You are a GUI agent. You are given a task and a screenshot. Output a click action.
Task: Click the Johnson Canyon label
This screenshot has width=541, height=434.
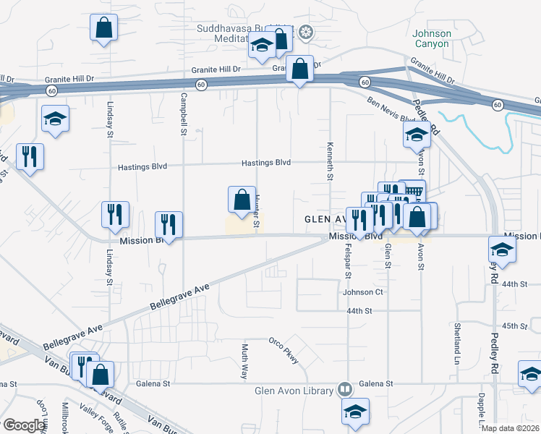tap(431, 38)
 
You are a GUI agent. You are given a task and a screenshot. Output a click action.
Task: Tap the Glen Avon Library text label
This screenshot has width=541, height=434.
tap(294, 391)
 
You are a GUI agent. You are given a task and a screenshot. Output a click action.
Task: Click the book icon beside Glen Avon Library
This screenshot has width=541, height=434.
tap(346, 391)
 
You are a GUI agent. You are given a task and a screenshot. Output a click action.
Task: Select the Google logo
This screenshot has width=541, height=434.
tap(23, 425)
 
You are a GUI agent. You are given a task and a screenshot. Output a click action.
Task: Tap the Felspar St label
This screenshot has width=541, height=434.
tap(348, 261)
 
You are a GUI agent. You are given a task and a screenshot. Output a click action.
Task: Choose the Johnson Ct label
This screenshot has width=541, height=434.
tap(362, 292)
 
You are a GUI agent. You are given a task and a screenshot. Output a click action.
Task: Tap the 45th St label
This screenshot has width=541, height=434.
tap(515, 325)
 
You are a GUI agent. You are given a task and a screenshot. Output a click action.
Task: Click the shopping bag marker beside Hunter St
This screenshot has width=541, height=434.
tap(242, 200)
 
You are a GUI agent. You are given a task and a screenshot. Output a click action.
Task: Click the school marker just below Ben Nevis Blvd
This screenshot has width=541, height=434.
tap(417, 135)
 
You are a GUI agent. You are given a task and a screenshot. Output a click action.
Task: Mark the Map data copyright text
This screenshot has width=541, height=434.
tap(511, 428)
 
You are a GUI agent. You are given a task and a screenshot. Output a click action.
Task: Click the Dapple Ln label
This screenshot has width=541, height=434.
tap(481, 405)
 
